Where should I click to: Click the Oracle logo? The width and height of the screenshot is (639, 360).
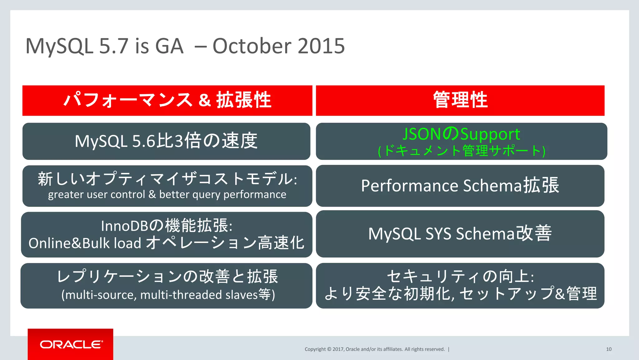coord(71,344)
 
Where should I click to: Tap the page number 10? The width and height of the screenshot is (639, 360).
coord(608,349)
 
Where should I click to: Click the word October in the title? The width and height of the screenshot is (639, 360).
coord(252,46)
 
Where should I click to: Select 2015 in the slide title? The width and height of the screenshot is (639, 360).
coord(321,46)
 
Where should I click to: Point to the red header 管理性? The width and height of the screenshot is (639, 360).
coord(460,100)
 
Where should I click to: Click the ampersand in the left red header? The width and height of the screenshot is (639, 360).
coord(204,101)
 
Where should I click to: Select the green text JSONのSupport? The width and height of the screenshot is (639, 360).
coord(461,134)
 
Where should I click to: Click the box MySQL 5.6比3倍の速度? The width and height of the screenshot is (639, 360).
coord(166,141)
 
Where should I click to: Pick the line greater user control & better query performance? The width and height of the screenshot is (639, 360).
coord(167,195)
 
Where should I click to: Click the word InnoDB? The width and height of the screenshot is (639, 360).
coord(124,226)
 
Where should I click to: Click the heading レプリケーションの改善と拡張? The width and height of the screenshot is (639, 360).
coord(167,277)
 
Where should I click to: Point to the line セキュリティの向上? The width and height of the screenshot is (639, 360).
coord(460,276)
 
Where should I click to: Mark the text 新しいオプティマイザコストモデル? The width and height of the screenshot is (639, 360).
coord(167,179)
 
